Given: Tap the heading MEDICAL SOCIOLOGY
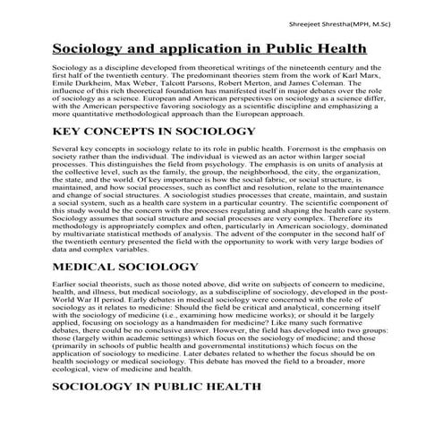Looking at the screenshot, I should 125,242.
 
